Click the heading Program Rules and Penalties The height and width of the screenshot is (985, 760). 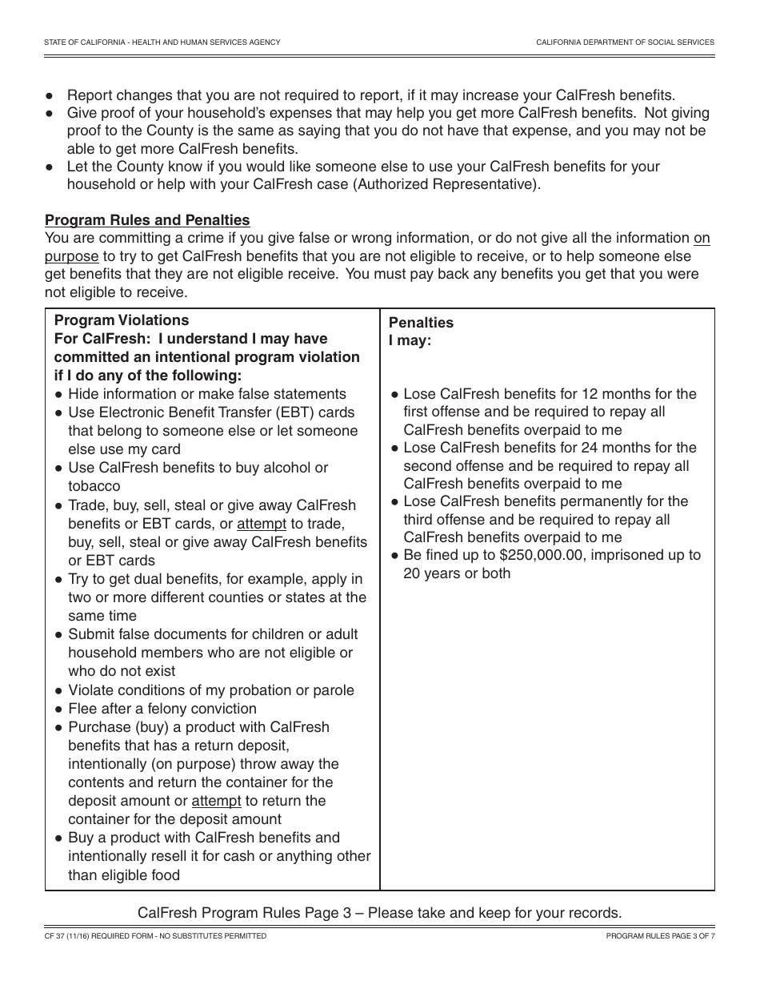tap(147, 220)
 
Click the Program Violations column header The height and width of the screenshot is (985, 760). tap(122, 320)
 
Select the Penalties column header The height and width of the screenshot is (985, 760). tap(421, 323)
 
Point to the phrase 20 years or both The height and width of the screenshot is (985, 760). tap(457, 573)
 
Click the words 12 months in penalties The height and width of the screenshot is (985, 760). tap(617, 394)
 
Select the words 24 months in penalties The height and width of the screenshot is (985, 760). tap(617, 448)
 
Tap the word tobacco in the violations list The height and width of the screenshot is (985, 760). tap(94, 486)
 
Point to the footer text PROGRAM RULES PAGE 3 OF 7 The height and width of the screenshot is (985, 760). tap(660, 935)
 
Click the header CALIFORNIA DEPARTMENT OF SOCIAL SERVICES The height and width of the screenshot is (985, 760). tap(625, 42)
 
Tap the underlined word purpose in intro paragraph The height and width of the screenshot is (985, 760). tap(72, 256)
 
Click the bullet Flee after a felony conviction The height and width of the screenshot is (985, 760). tap(162, 709)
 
